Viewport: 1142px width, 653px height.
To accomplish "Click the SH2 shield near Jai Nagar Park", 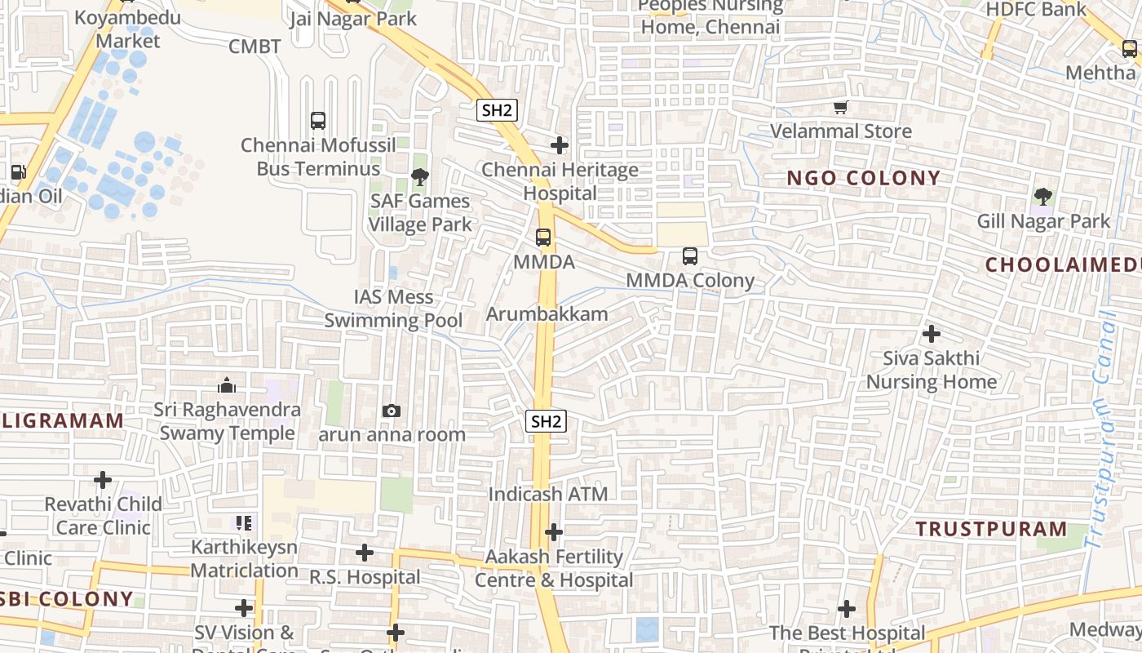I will tap(497, 110).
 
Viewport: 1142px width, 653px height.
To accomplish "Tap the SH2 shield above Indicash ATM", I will tap(546, 421).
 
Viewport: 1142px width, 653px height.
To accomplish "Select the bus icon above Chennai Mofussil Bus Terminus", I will tap(318, 121).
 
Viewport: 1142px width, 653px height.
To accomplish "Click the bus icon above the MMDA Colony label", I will tap(690, 256).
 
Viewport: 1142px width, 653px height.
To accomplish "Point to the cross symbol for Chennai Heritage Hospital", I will tap(560, 145).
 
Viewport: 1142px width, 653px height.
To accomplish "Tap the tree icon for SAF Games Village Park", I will tap(420, 176).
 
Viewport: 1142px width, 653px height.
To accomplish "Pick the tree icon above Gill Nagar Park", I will tap(1042, 197).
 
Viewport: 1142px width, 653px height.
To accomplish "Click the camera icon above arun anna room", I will tap(392, 411).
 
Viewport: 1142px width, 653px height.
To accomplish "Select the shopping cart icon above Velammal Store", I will tap(841, 107).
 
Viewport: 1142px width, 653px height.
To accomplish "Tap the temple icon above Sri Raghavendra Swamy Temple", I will tap(227, 384).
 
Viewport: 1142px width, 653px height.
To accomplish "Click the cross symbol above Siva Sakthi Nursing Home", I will tap(931, 334).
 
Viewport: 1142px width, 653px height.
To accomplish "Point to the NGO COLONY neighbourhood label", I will tap(864, 178).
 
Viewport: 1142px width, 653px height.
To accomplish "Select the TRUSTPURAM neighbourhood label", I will tap(991, 529).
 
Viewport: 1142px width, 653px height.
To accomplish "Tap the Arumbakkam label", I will tap(547, 313).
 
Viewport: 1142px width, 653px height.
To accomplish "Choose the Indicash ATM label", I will tap(548, 494).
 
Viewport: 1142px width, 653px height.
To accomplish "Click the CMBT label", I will tap(255, 46).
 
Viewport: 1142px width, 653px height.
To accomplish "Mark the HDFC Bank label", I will tap(1036, 10).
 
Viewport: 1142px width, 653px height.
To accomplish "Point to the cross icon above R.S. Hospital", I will tap(365, 553).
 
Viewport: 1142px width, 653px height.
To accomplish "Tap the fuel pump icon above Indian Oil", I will tap(18, 172).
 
